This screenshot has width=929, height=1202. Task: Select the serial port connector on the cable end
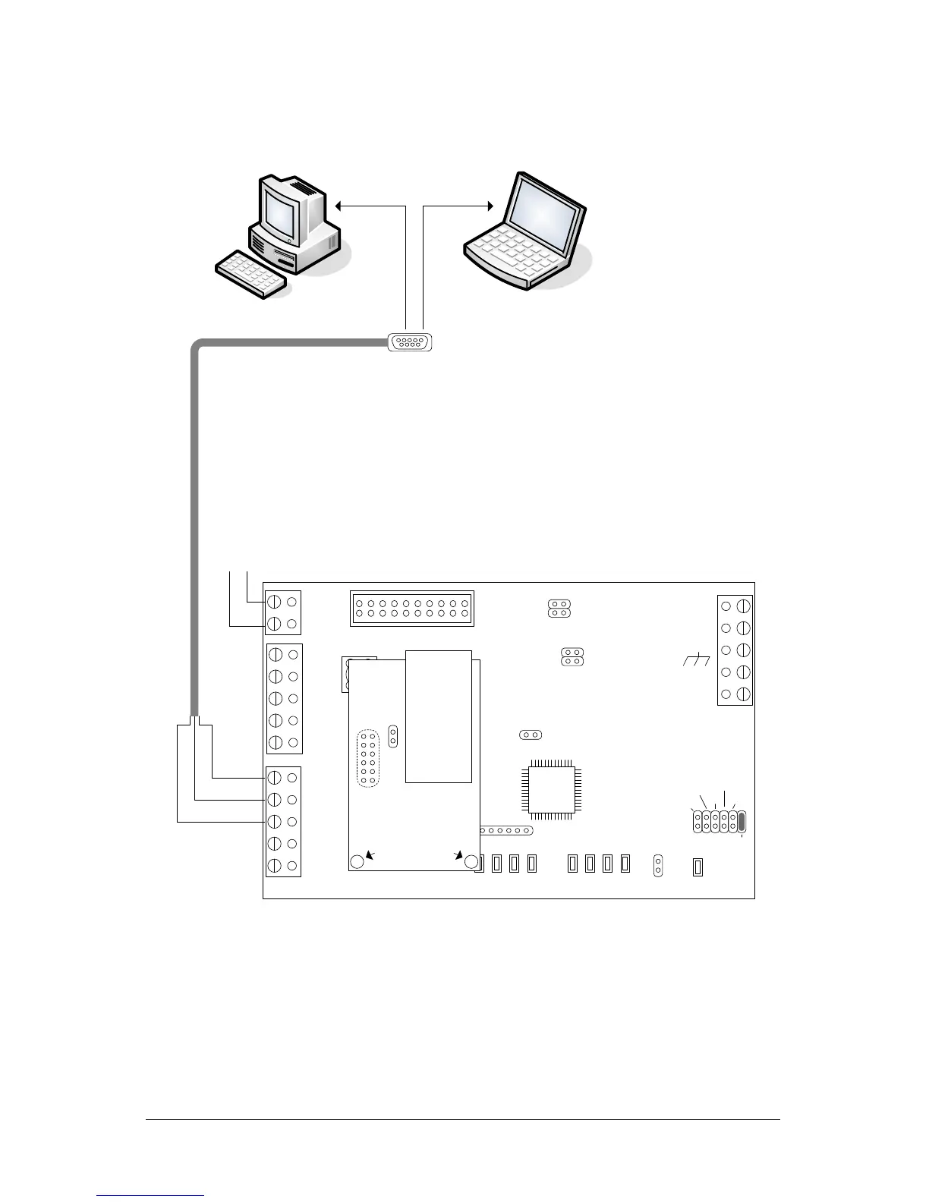(410, 342)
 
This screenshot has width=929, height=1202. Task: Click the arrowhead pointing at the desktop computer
(339, 204)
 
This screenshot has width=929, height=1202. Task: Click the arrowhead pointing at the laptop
(490, 204)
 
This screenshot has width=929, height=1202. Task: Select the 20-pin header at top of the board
(412, 609)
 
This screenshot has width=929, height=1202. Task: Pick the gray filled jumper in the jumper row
(742, 821)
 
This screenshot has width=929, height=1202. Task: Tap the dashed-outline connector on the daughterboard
(369, 758)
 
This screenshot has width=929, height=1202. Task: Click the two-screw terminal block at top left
(282, 612)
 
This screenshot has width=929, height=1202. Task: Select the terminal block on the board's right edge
(735, 650)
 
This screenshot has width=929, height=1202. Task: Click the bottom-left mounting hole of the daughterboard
(357, 861)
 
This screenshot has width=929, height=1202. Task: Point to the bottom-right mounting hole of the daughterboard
(471, 862)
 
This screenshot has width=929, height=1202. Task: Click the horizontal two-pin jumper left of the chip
(531, 735)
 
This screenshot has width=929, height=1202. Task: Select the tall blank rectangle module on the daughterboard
(439, 716)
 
